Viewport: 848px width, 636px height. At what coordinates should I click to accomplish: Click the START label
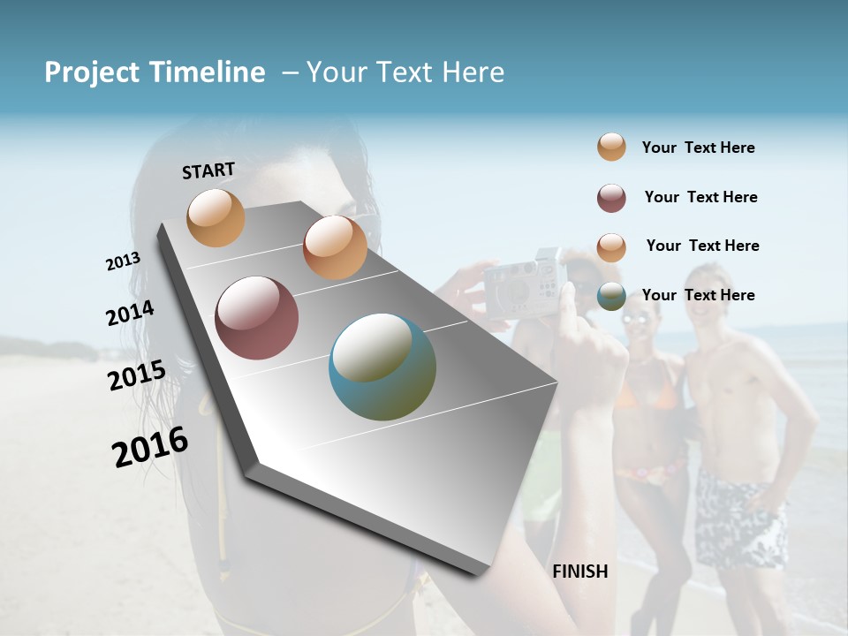[x=208, y=170]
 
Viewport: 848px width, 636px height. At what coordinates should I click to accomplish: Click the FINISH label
[x=580, y=572]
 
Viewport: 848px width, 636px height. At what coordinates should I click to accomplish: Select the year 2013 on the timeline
[x=123, y=261]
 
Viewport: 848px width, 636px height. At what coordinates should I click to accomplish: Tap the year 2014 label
[x=130, y=314]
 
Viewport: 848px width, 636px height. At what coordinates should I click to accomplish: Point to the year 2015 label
[x=137, y=375]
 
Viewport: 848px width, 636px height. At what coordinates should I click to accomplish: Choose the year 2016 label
[x=150, y=447]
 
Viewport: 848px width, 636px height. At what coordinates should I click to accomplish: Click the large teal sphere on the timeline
[x=382, y=367]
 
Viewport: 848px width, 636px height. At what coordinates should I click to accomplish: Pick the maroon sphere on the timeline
[x=256, y=318]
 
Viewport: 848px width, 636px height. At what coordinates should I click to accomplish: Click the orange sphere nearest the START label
[x=216, y=217]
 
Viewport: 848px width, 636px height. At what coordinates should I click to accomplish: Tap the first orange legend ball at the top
[x=611, y=147]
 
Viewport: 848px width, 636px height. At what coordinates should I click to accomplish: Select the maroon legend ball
[x=611, y=198]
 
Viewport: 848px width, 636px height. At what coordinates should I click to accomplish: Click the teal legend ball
[x=611, y=297]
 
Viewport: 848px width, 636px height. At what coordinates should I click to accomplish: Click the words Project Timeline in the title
[x=155, y=72]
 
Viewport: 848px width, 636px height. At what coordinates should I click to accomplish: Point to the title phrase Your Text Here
[x=405, y=72]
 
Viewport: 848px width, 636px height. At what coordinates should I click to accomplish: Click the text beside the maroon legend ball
[x=700, y=197]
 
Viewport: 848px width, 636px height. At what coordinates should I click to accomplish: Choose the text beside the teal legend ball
[x=698, y=295]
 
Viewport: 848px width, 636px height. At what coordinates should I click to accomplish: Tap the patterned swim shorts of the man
[x=740, y=517]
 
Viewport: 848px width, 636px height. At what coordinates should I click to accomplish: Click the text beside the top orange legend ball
[x=698, y=148]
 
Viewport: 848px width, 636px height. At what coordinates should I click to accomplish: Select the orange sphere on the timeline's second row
[x=335, y=247]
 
